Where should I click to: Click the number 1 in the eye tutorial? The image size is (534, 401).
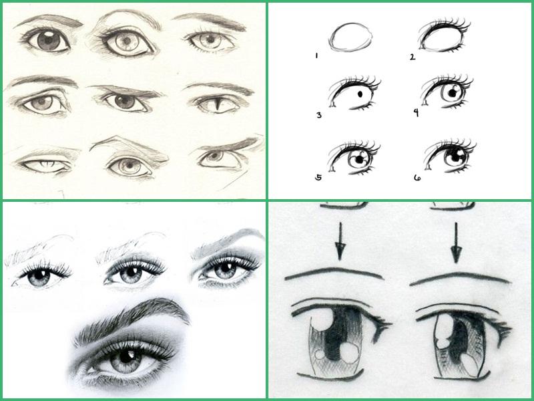coord(316,55)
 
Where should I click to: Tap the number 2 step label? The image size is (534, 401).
coord(413,57)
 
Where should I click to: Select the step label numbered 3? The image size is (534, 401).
coord(319,115)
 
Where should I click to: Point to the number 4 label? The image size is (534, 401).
coord(416,113)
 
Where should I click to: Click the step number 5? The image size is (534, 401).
coord(318,177)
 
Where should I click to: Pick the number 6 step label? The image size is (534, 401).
coord(417,178)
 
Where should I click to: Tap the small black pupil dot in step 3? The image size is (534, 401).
coord(360,94)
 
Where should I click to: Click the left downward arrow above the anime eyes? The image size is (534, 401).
coord(340,241)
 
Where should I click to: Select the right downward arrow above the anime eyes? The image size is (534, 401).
coord(456,243)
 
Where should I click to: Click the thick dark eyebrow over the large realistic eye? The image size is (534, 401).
coord(136,313)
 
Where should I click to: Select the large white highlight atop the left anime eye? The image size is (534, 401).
coord(322,321)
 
